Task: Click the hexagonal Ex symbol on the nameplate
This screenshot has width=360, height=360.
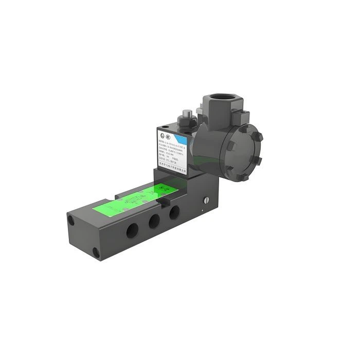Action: click(161, 133)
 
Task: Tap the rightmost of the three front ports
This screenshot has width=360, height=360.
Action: click(174, 211)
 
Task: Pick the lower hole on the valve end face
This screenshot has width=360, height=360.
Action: click(96, 252)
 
